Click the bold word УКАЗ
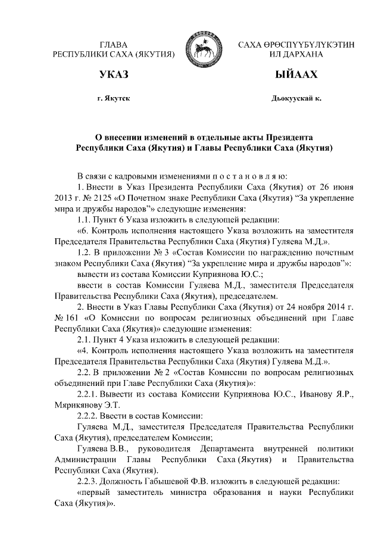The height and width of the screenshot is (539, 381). pos(114,76)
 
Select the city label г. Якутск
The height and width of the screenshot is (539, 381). pos(114,96)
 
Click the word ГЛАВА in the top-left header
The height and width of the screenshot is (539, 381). pos(114,45)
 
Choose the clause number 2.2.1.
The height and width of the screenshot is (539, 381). pos(89,394)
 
